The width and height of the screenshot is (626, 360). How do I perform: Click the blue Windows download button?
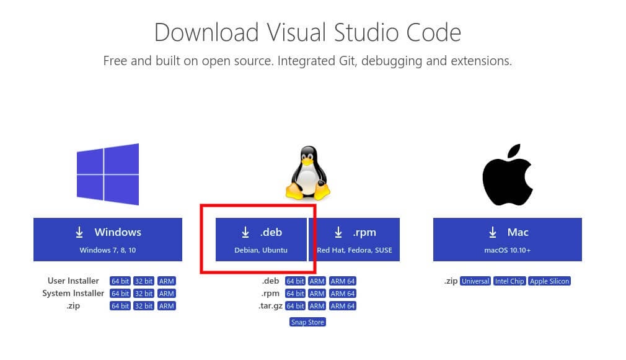pos(108,240)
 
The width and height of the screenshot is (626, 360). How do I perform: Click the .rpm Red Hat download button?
pos(354,240)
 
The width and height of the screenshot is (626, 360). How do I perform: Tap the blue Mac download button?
pos(507,240)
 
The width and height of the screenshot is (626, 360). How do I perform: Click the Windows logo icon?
pos(108,174)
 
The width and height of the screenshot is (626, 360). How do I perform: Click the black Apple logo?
pos(508,175)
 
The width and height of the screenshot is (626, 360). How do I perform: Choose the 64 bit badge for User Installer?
pos(120,281)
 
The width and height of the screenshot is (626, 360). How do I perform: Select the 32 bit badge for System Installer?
pos(144,294)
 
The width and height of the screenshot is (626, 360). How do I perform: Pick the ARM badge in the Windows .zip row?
pos(167,306)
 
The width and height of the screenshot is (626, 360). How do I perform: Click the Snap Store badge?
pos(307,322)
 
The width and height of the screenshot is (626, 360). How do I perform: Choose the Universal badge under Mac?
pos(475,281)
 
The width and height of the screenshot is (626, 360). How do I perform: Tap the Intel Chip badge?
pos(509,281)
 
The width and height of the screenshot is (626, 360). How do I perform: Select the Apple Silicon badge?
pos(549,281)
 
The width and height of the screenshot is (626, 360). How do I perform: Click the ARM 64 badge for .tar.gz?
pos(343,306)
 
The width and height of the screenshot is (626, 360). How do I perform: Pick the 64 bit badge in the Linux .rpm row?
pos(295,294)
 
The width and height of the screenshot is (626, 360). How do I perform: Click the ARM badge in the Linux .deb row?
pos(317,281)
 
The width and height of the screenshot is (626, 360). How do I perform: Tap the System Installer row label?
pos(73,294)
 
